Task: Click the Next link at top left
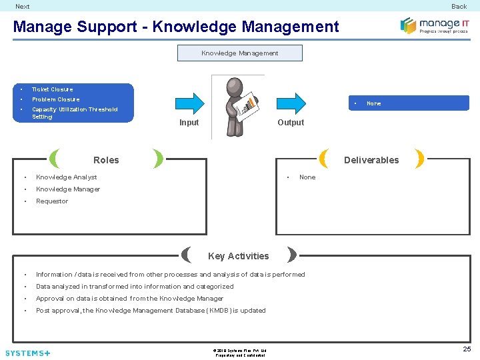click(x=23, y=7)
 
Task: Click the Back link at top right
click(x=459, y=7)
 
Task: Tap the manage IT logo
click(x=434, y=25)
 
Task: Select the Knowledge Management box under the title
click(x=239, y=53)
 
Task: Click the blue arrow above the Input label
click(x=189, y=103)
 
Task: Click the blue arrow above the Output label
click(x=291, y=103)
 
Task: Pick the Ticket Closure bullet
click(x=53, y=89)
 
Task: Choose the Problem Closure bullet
click(x=55, y=99)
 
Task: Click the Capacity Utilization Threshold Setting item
click(x=74, y=113)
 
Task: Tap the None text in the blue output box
click(x=374, y=103)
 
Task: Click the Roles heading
click(x=106, y=160)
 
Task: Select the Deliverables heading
click(x=371, y=160)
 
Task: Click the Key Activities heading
click(x=239, y=256)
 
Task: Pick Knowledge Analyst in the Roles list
click(x=67, y=177)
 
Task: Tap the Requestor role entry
click(x=52, y=201)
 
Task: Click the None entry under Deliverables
click(x=307, y=177)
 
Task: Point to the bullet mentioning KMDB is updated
click(x=151, y=311)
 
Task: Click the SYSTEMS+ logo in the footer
click(x=27, y=353)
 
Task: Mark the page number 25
click(x=467, y=349)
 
